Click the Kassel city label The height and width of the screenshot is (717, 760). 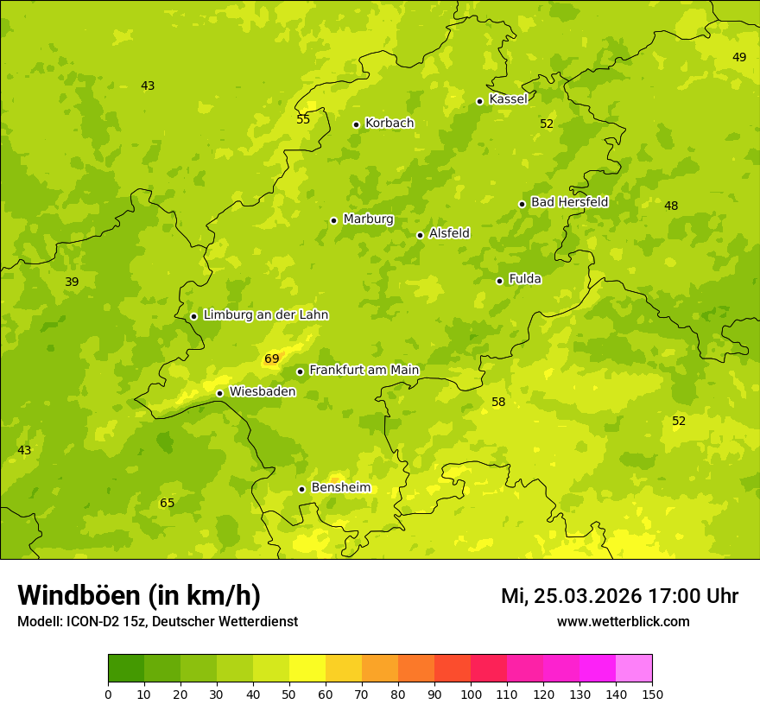coord(508,99)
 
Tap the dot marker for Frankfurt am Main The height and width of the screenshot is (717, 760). coord(301,371)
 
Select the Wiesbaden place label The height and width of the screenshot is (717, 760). coord(263,391)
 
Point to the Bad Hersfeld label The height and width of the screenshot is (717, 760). coord(569,202)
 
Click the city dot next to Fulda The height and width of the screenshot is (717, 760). coord(499,281)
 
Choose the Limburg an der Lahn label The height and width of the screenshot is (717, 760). coord(265,315)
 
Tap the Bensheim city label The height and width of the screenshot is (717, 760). coord(340,487)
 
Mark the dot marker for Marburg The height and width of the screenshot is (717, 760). coord(333,220)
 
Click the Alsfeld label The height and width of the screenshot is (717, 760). coord(449,233)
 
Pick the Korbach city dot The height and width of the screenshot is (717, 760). coord(356,124)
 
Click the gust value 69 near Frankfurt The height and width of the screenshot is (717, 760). coord(272,358)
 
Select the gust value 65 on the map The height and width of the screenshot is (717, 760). coord(168,503)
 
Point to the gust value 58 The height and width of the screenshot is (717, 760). coord(498,402)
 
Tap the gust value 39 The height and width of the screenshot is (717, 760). coord(72,282)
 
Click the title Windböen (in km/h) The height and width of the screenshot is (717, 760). coord(139,595)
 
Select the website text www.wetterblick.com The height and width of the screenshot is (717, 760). coord(623,621)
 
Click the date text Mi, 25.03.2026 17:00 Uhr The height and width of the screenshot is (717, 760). coord(619,596)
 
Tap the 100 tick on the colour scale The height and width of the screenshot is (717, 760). coord(471,694)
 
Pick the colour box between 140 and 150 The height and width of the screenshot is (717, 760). coord(634,669)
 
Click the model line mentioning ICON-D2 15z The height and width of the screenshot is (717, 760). coord(157,621)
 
